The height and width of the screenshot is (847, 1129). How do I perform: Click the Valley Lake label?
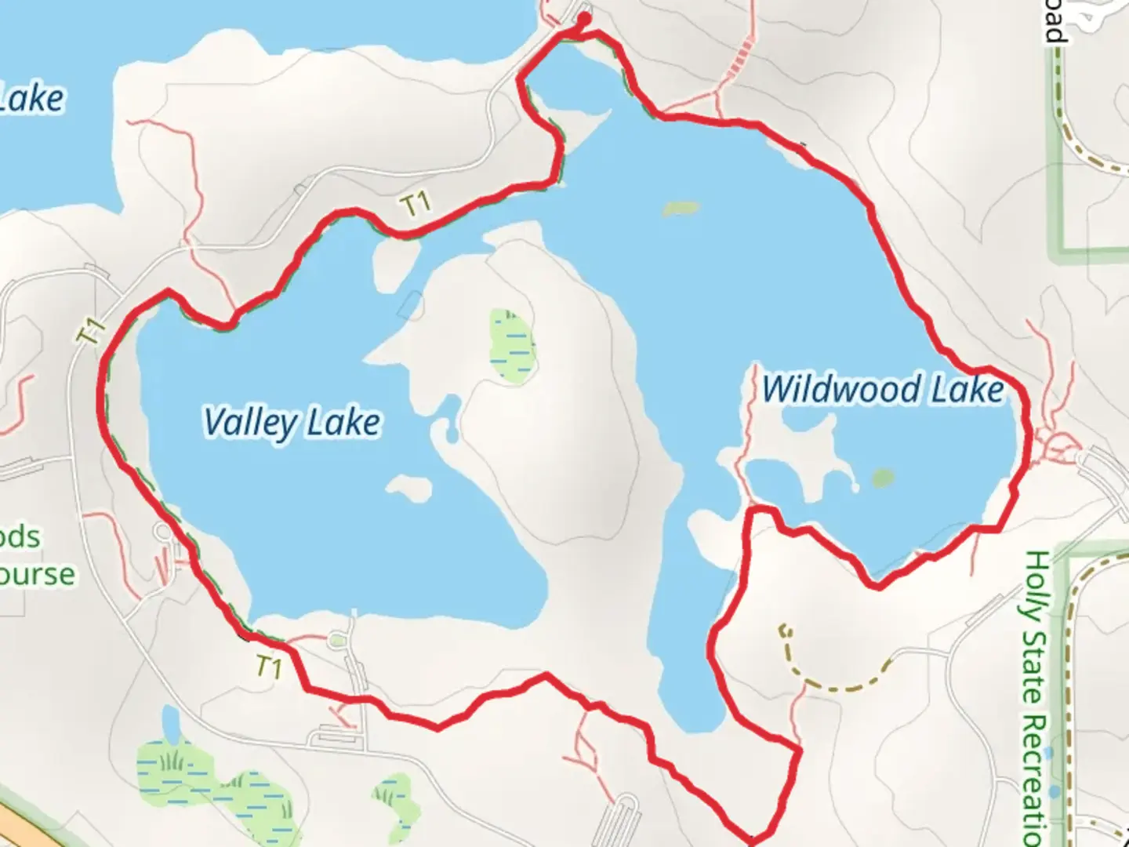[x=292, y=423]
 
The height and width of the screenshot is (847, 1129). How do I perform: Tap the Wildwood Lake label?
[x=883, y=389]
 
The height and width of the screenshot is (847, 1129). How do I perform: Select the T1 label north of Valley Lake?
[x=416, y=205]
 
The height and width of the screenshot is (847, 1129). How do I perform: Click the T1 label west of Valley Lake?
[x=92, y=331]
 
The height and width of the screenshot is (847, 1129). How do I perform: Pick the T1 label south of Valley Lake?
[x=268, y=667]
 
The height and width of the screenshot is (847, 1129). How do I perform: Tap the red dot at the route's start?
[x=584, y=18]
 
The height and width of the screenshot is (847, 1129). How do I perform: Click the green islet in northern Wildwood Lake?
[x=681, y=209]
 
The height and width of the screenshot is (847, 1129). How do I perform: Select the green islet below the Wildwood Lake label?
[x=883, y=478]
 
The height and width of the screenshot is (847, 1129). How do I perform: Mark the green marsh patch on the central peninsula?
[x=512, y=345]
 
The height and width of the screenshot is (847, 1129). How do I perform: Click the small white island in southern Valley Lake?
[x=409, y=488]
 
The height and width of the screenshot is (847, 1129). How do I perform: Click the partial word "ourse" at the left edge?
[x=38, y=574]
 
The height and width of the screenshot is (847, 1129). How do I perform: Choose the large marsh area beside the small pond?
[x=212, y=780]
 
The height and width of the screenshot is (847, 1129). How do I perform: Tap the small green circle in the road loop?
[x=337, y=641]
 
